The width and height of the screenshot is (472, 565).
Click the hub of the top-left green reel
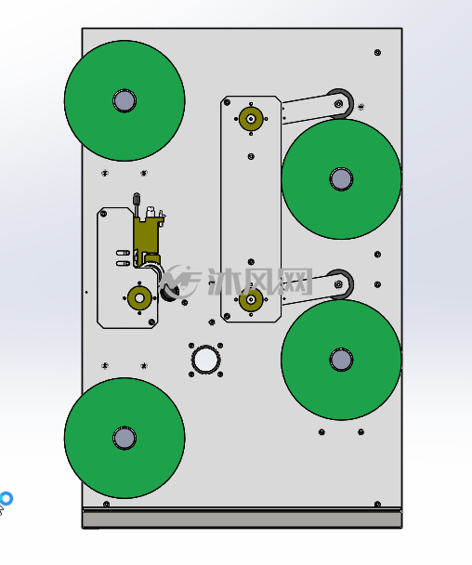tap(125, 100)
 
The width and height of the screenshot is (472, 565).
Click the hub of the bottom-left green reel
tap(125, 438)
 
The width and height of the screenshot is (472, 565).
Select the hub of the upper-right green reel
tap(341, 179)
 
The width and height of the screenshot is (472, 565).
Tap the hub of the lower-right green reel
tap(341, 360)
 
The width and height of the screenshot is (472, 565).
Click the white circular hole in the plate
tap(205, 360)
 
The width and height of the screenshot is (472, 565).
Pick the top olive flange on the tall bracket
tap(251, 119)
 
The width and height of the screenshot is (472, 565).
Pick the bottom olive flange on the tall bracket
tap(251, 299)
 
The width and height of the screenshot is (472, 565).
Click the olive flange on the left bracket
tap(139, 298)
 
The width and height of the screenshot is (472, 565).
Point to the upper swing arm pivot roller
tap(339, 104)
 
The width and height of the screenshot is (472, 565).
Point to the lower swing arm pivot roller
tap(339, 284)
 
